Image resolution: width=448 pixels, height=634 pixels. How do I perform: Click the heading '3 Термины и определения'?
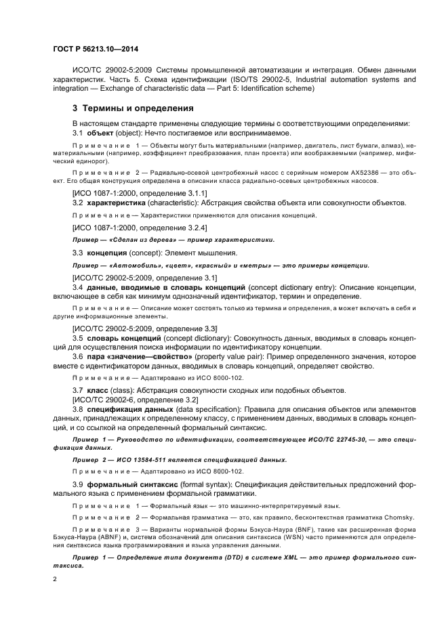(x=133, y=108)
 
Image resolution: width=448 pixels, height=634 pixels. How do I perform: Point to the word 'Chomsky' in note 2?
(x=398, y=517)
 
